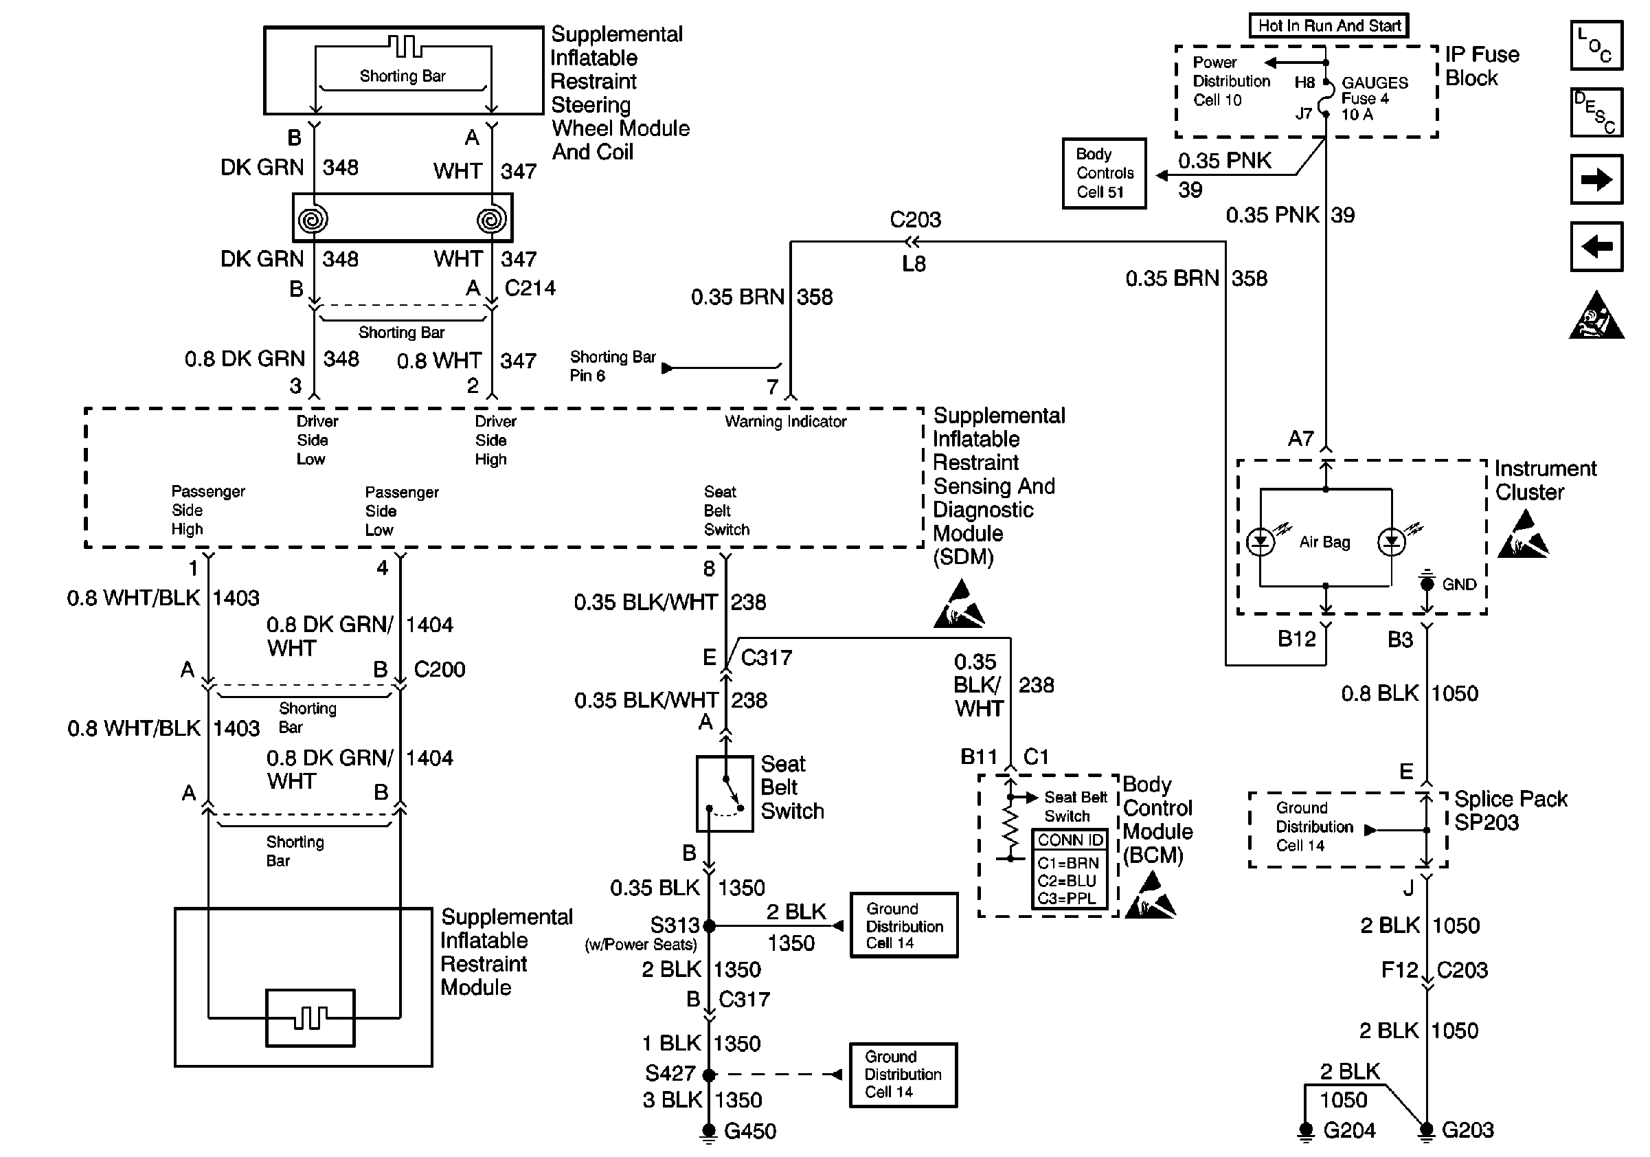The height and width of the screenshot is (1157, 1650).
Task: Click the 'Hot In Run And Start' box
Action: (1329, 26)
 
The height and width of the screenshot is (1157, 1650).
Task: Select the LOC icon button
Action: (1596, 45)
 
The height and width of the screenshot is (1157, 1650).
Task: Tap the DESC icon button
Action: (1596, 112)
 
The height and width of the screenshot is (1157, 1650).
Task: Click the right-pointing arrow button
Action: (1596, 179)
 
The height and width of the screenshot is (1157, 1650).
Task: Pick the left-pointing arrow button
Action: (1596, 247)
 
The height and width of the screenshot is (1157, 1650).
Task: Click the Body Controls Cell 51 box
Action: (1104, 173)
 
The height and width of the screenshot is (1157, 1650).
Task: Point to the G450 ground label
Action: (749, 1131)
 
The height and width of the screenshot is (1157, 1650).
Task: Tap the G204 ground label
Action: (1349, 1130)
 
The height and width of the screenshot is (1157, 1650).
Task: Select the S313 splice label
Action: (674, 925)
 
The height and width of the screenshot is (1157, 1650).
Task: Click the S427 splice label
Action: (670, 1073)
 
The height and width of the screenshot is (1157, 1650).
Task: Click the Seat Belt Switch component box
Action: (725, 794)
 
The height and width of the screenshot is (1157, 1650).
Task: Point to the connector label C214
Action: (530, 288)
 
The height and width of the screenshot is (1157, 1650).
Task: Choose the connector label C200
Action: (439, 669)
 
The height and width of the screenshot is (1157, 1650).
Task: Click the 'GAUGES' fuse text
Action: (1375, 82)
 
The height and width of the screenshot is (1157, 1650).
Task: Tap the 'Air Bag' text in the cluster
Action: (1324, 542)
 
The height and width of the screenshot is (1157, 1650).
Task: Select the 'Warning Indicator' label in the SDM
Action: (784, 422)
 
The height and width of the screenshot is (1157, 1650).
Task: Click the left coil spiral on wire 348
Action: (313, 218)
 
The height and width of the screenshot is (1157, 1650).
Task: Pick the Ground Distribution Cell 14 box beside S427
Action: (903, 1075)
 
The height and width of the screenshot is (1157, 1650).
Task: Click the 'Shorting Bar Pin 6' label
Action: (612, 366)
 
